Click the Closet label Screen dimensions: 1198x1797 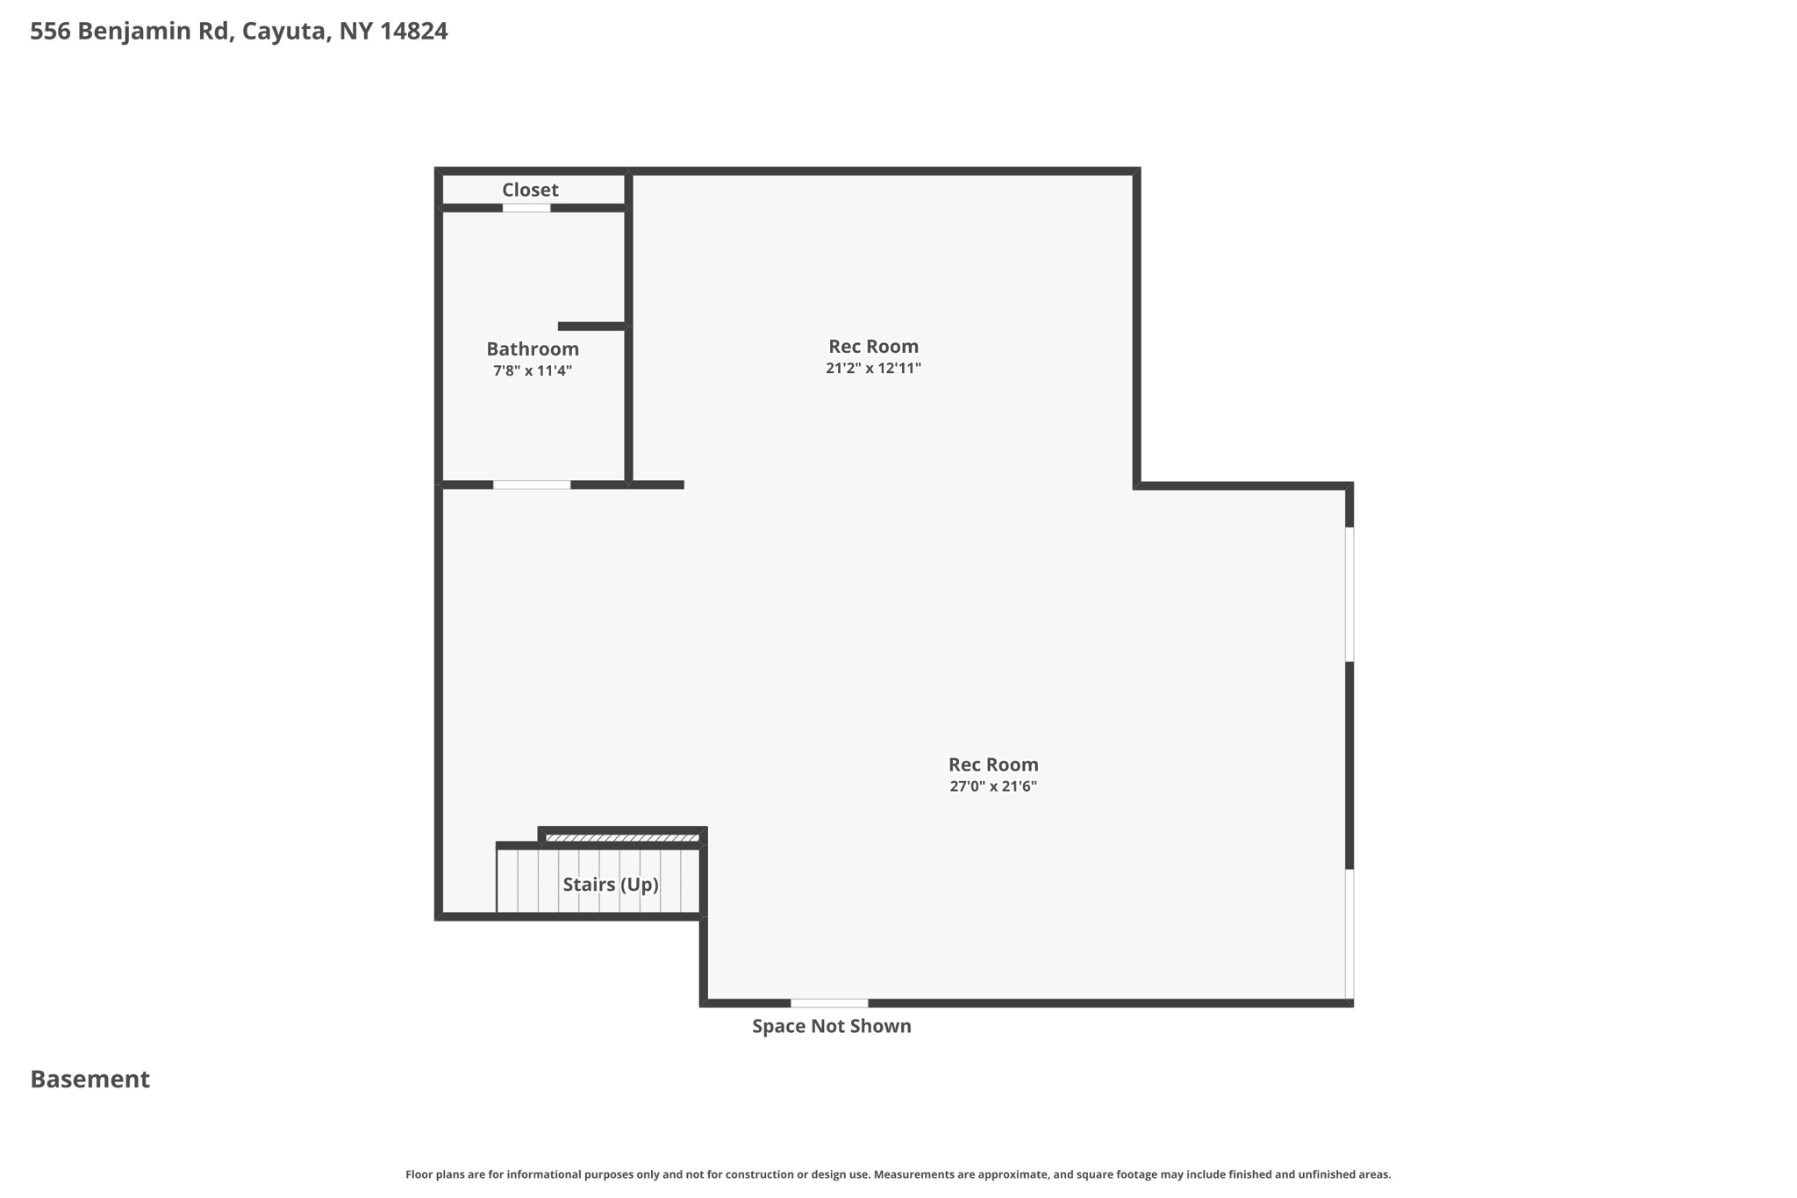coord(530,190)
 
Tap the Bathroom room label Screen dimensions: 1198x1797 coord(533,348)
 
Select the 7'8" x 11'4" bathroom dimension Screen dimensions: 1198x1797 coord(533,370)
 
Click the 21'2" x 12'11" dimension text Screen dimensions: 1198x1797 coord(873,368)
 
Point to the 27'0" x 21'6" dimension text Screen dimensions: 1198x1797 coord(993,786)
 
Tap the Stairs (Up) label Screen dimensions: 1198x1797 coord(611,884)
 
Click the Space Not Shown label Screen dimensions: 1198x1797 coord(831,1026)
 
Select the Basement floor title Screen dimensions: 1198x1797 coord(90,1079)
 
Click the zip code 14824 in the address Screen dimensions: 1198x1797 coord(413,31)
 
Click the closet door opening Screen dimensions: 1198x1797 coord(526,208)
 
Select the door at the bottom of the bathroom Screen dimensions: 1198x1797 coord(532,484)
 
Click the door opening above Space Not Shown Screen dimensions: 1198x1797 coord(829,1003)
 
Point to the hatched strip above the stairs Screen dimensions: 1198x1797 coord(622,838)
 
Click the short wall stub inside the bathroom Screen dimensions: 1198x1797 coord(592,326)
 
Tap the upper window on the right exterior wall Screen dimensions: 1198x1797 coord(1350,594)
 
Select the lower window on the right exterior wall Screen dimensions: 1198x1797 coord(1350,934)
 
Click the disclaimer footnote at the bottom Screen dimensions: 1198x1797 coord(898,1174)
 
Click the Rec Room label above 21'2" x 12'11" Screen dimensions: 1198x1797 coord(873,346)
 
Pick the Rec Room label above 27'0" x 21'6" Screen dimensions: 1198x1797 coord(993,764)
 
